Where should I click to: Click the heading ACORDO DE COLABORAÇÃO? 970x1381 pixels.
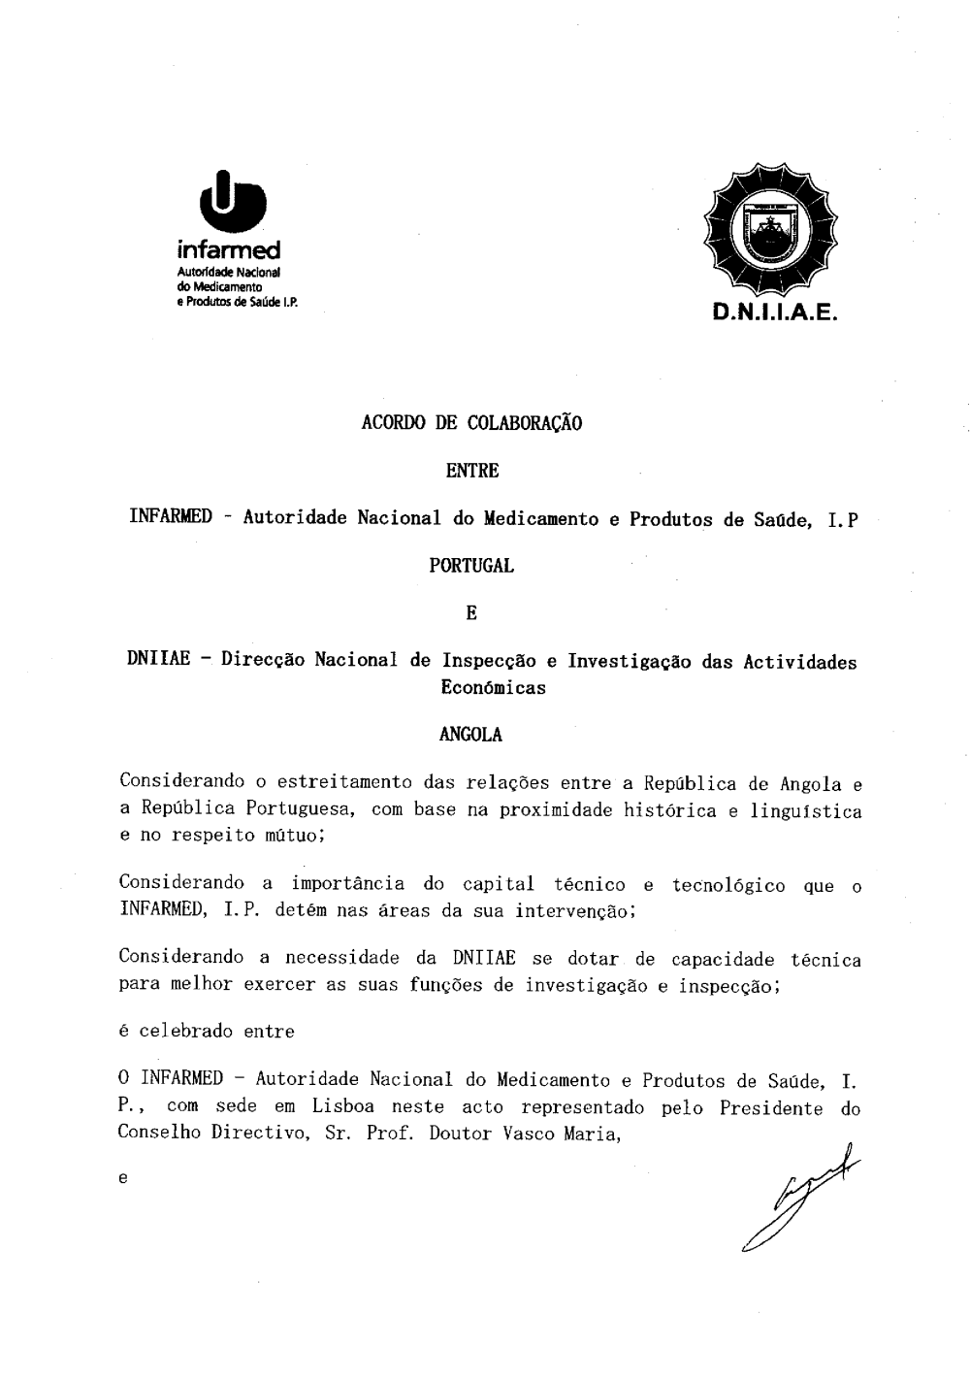(471, 423)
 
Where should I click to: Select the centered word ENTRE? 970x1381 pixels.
(471, 471)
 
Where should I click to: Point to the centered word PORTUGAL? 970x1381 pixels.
(471, 566)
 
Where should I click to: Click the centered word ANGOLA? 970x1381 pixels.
(471, 735)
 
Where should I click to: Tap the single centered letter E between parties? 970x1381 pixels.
(471, 613)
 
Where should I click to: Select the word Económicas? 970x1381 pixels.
(493, 688)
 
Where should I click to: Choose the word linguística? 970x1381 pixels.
(806, 810)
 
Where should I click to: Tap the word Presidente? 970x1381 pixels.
(771, 1107)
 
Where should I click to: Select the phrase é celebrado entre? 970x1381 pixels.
(207, 1032)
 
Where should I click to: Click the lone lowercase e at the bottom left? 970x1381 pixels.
(122, 1179)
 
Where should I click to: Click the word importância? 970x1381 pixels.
(348, 884)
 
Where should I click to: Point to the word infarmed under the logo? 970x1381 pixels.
(230, 251)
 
